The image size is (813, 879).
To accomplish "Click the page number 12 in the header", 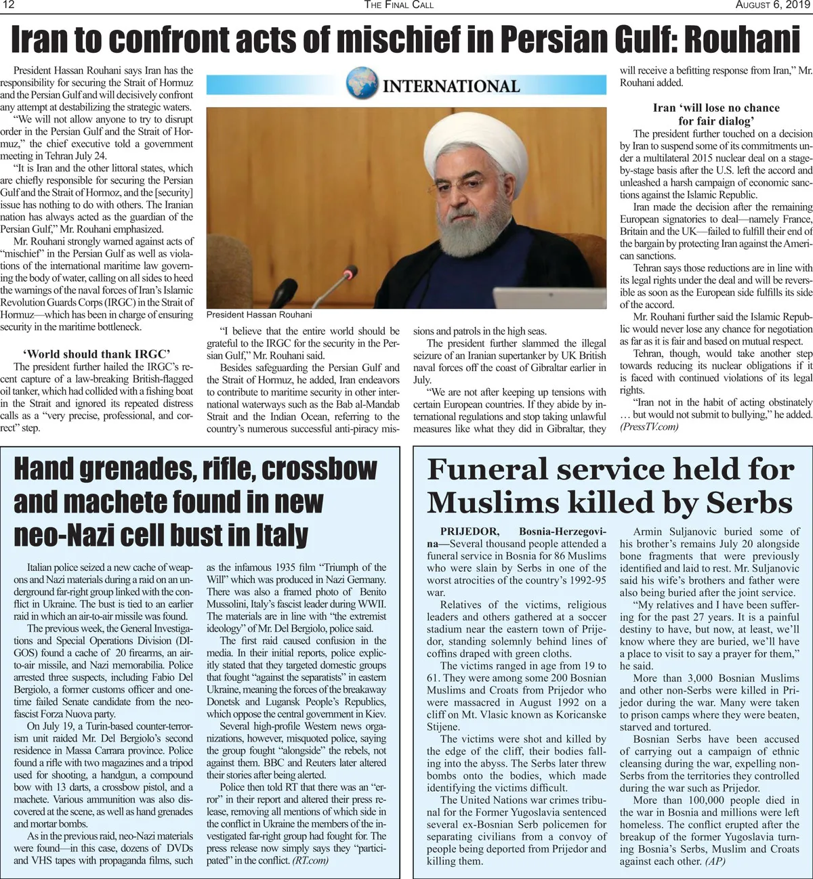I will (8, 5).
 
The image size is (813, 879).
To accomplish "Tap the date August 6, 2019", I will (773, 5).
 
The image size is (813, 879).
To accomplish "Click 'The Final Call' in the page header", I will (398, 5).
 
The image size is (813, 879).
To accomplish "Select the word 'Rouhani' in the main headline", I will (743, 40).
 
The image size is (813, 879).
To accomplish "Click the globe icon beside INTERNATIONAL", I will (362, 84).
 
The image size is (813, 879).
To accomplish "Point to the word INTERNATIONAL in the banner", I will (451, 86).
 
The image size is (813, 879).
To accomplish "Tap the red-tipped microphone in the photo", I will (349, 273).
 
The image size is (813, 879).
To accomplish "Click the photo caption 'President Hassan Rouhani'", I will (259, 314).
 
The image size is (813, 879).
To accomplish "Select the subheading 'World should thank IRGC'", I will (96, 353).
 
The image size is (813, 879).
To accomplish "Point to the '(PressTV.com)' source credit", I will (648, 427).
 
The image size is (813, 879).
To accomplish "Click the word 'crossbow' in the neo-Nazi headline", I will (319, 469).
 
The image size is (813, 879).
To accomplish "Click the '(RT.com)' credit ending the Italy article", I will (310, 860).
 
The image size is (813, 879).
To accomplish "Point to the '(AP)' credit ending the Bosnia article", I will (715, 861).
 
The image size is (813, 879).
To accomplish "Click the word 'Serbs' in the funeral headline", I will (749, 503).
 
